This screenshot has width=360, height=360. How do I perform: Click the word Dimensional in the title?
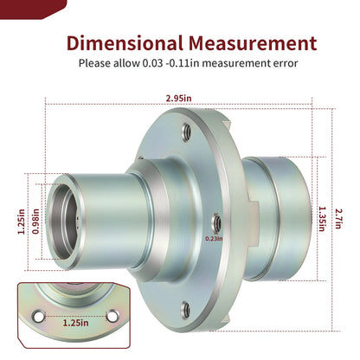click(125, 43)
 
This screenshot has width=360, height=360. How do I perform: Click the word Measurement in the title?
click(253, 43)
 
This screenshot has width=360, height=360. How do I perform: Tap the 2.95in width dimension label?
click(178, 99)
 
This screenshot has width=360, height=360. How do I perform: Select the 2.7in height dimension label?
click(338, 219)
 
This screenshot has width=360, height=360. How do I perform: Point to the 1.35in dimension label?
click(322, 219)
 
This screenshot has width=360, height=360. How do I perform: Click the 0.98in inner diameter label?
click(35, 222)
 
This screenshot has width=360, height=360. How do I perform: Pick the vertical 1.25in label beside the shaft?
click(22, 222)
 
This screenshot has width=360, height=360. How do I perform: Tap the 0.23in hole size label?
click(214, 239)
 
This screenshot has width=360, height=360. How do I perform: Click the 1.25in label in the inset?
click(76, 323)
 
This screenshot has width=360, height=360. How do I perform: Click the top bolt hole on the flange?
click(186, 132)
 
